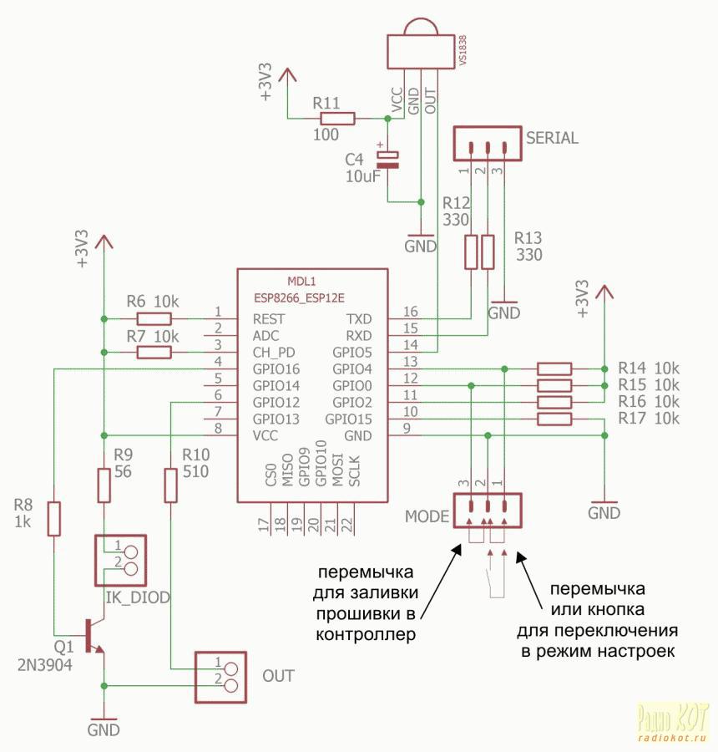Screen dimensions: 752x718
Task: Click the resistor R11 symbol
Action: [337, 119]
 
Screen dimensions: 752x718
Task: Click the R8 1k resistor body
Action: [54, 518]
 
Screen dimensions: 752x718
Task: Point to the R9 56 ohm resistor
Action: [104, 485]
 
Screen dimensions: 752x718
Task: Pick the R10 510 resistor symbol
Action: [171, 485]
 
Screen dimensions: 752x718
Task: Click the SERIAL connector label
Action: [551, 139]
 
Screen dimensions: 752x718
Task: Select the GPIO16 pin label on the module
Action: [276, 369]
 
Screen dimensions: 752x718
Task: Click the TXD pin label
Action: [359, 319]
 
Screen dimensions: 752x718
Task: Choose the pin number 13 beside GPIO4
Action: [410, 362]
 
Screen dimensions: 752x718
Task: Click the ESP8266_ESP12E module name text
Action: [299, 297]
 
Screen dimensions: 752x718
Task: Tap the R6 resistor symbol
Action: [154, 318]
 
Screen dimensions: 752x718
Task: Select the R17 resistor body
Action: [554, 419]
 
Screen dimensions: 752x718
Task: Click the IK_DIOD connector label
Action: [139, 597]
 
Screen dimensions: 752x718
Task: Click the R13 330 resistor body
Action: [488, 252]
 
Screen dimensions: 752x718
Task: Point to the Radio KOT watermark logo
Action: [673, 721]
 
